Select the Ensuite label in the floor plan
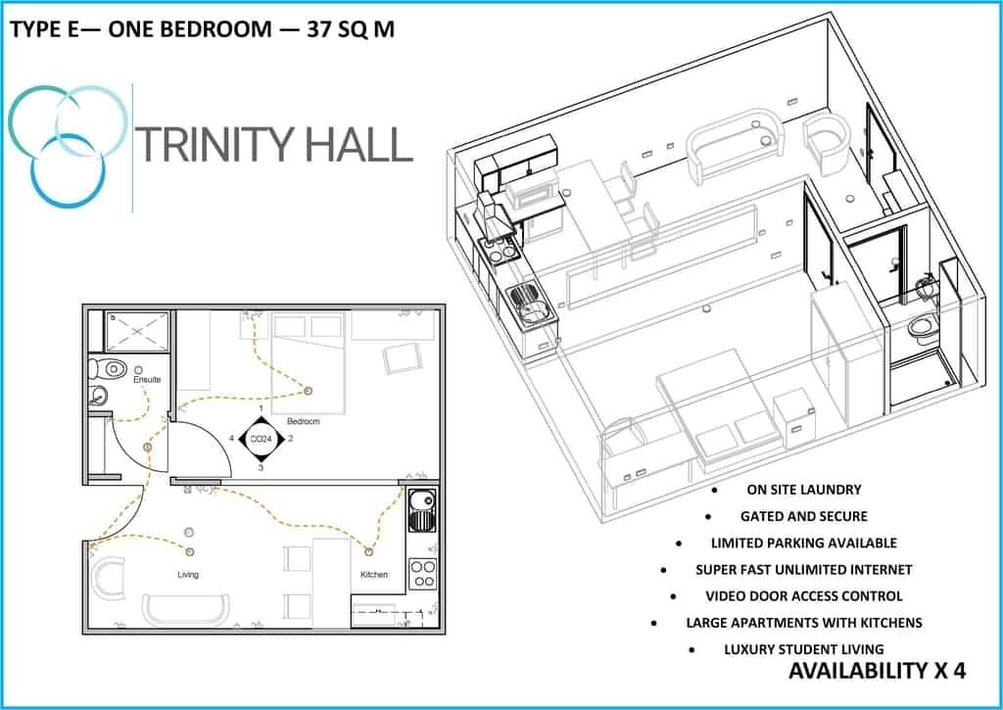(x=147, y=379)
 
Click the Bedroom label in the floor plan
(x=304, y=421)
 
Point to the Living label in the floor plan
(x=188, y=575)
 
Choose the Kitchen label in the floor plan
(x=374, y=575)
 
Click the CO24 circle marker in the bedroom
(x=261, y=440)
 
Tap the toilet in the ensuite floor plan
(x=107, y=369)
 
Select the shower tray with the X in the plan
(x=136, y=331)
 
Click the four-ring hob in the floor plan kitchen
(x=422, y=573)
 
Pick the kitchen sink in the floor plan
(x=422, y=510)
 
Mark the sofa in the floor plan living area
(x=185, y=609)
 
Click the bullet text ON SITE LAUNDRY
(x=803, y=490)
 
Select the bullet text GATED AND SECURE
(x=803, y=516)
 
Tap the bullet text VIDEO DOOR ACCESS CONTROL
(x=803, y=596)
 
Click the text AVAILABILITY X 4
(x=877, y=671)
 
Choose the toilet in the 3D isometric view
(x=922, y=327)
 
